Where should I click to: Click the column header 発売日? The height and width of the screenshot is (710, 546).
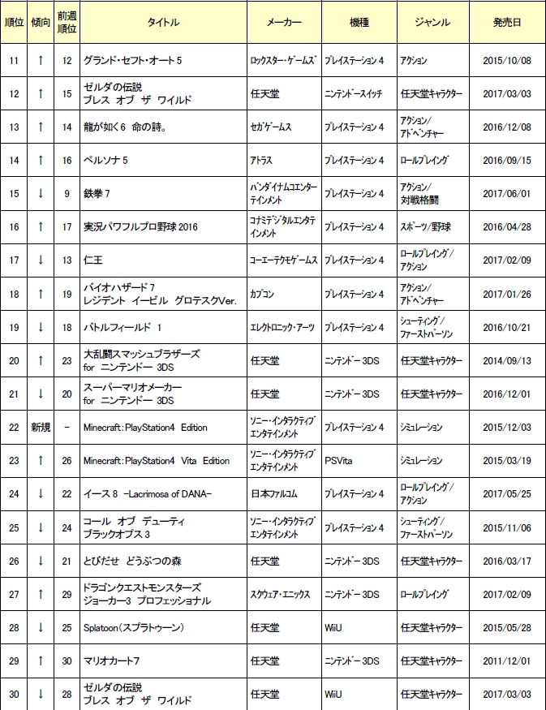(506, 23)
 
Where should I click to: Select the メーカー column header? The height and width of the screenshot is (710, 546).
(284, 23)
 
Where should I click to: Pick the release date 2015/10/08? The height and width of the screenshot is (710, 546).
(506, 61)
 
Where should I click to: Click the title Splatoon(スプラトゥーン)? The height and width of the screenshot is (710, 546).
(129, 628)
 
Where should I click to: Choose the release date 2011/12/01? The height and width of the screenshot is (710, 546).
(506, 661)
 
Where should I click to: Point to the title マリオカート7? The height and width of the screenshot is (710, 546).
(112, 661)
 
